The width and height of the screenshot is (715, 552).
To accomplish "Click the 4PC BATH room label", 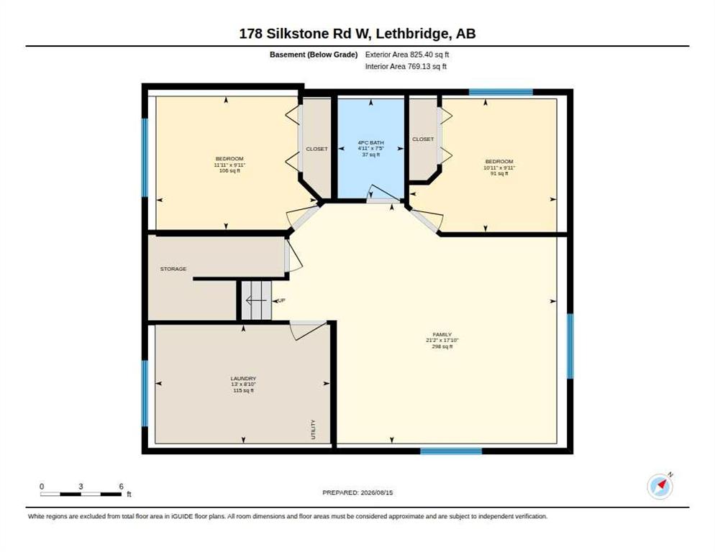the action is pyautogui.click(x=370, y=143).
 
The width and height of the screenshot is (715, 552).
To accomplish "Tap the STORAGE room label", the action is pyautogui.click(x=173, y=269).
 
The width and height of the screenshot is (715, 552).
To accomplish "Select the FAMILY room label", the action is pyautogui.click(x=442, y=334).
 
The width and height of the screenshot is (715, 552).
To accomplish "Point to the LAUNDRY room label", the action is pyautogui.click(x=243, y=378).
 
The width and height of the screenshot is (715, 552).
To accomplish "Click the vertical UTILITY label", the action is pyautogui.click(x=314, y=429).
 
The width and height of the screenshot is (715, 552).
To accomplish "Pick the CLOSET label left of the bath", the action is pyautogui.click(x=316, y=149).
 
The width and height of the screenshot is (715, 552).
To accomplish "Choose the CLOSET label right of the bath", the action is pyautogui.click(x=423, y=139).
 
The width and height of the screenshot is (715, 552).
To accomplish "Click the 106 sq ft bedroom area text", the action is pyautogui.click(x=229, y=170).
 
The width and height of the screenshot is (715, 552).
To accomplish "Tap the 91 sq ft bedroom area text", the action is pyautogui.click(x=499, y=173).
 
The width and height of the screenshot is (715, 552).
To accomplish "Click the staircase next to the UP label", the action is pyautogui.click(x=256, y=300).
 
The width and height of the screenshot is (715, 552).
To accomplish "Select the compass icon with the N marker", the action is pyautogui.click(x=660, y=486).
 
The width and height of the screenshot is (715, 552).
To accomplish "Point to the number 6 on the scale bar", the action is pyautogui.click(x=122, y=487).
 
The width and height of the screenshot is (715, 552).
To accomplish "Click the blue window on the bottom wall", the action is pyautogui.click(x=450, y=451).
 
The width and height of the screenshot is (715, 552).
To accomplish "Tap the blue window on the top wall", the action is pyautogui.click(x=501, y=92).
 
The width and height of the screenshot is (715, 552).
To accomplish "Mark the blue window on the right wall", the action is pyautogui.click(x=570, y=346).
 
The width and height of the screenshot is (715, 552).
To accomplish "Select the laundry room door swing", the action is pyautogui.click(x=309, y=331).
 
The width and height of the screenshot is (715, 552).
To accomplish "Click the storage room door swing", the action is pyautogui.click(x=293, y=256).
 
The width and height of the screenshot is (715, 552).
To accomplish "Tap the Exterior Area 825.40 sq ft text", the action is pyautogui.click(x=406, y=55).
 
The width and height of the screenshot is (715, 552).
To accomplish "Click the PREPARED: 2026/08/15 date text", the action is pyautogui.click(x=357, y=493).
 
